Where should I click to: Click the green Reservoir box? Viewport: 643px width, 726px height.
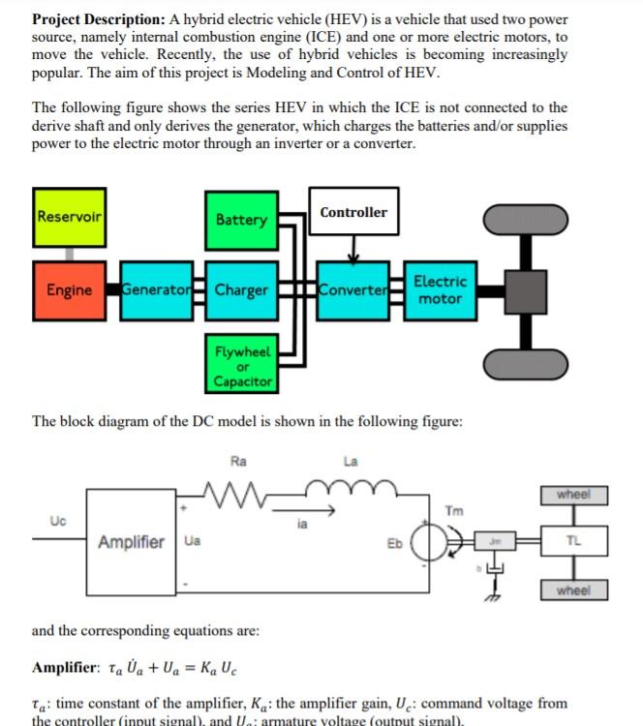(x=70, y=217)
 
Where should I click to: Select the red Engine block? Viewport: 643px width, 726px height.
(x=70, y=290)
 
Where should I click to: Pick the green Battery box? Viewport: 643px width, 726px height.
(x=241, y=220)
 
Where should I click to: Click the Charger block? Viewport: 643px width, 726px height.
(x=241, y=290)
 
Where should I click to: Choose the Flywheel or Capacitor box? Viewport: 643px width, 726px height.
(x=241, y=365)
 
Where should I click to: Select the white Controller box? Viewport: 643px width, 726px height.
(x=353, y=213)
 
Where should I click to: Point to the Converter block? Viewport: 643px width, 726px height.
(x=352, y=290)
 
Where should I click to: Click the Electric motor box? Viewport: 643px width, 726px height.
(x=440, y=290)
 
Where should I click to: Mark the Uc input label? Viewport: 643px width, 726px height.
(x=57, y=521)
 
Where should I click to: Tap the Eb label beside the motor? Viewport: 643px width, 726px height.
(x=394, y=543)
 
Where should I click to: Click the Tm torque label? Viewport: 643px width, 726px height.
(x=453, y=510)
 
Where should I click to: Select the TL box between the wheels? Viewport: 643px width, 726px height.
(x=573, y=542)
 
